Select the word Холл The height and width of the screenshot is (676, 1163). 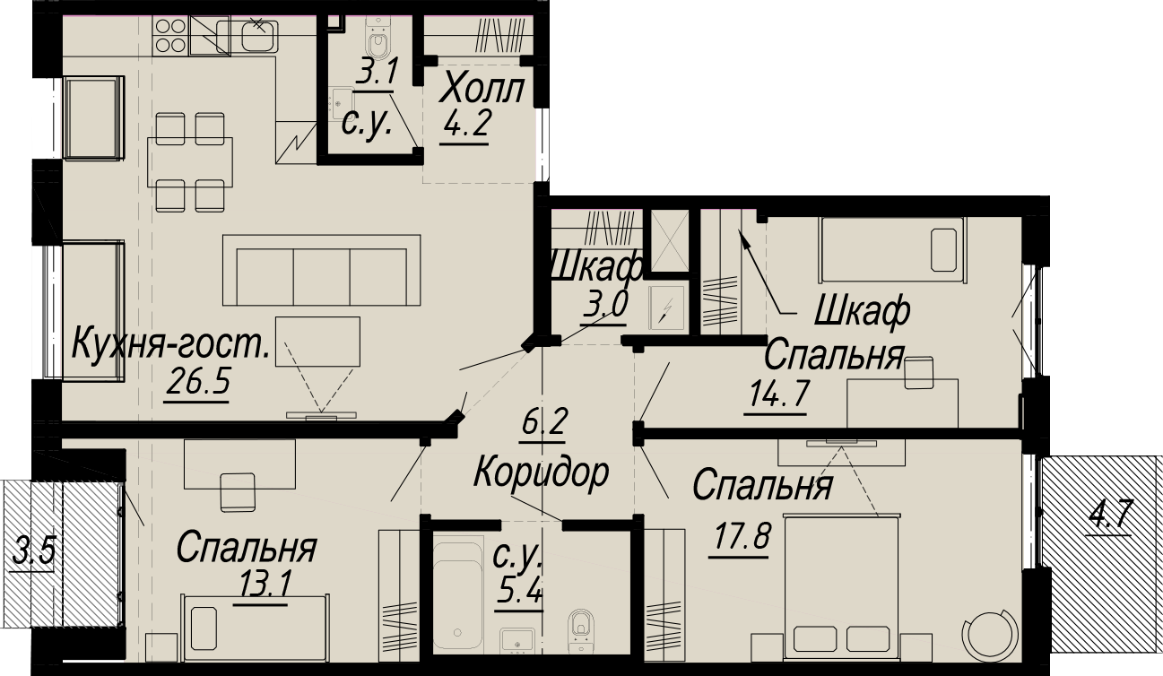click(x=482, y=90)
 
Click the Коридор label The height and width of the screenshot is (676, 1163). click(x=541, y=473)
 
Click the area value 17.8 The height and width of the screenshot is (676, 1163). click(x=741, y=537)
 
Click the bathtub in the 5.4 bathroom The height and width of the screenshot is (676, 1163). click(x=458, y=595)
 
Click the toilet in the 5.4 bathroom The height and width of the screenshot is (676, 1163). click(x=580, y=632)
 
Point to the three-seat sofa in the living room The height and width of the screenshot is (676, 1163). click(x=321, y=270)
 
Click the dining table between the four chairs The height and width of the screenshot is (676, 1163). click(x=190, y=162)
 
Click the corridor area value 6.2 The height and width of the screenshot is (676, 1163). click(x=543, y=423)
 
